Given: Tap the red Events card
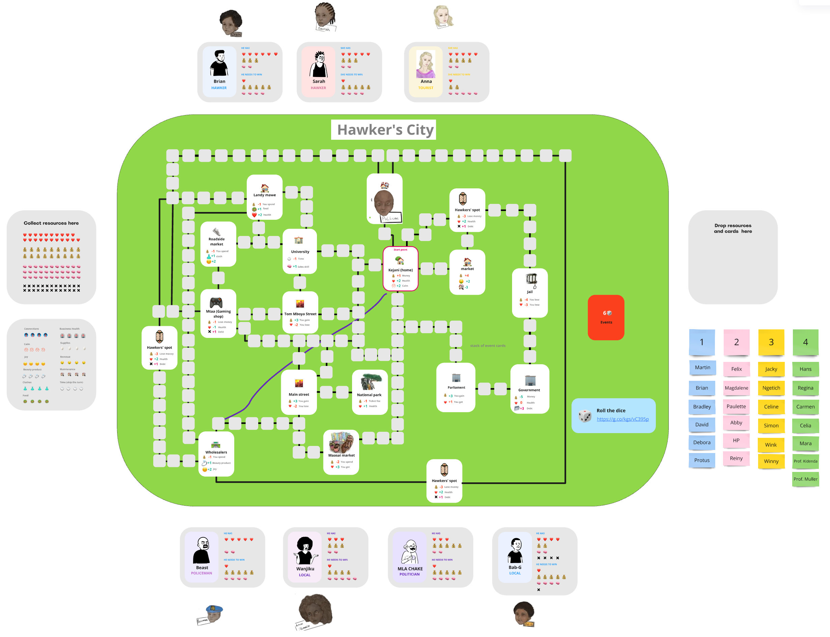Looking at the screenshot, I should (606, 317).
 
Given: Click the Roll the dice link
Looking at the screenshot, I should (622, 419).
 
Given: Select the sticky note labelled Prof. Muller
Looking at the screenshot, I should (805, 479).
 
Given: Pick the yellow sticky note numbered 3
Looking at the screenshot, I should (771, 342).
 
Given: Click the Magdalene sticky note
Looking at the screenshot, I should (736, 388).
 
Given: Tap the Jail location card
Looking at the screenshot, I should (529, 292).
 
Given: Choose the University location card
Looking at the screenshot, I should (299, 251).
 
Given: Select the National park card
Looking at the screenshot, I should (369, 392).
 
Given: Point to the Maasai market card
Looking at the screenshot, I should (341, 452).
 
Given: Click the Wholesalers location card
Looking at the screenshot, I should (216, 453).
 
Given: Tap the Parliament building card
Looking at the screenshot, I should (456, 387).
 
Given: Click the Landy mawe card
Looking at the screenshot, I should (264, 197).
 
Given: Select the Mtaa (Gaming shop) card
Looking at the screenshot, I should (218, 313).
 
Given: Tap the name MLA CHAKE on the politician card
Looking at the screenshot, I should (410, 568).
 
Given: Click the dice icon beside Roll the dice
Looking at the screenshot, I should (585, 416).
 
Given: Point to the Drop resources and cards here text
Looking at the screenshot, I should (732, 228).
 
